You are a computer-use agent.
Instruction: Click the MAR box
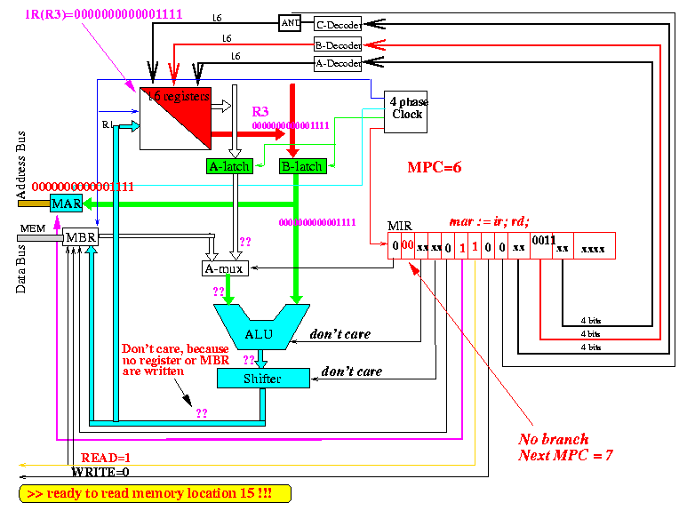click(66, 204)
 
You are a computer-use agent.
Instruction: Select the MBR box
click(79, 238)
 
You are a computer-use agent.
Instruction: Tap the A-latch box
click(228, 165)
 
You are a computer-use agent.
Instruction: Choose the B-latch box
click(300, 165)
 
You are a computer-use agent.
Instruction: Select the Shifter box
click(263, 379)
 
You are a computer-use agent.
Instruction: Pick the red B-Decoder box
click(339, 44)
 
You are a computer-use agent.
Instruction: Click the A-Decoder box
click(339, 63)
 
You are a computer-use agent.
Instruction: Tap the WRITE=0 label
click(100, 471)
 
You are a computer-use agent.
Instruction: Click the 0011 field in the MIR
click(542, 240)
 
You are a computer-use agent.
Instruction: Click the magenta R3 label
click(260, 112)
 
